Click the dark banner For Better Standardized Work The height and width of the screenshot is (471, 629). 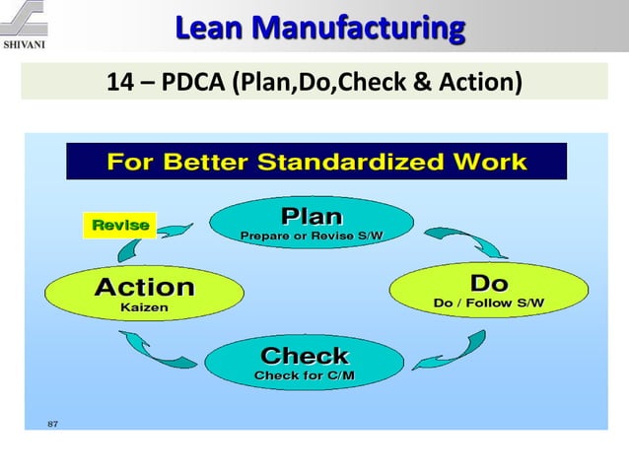[x=315, y=162]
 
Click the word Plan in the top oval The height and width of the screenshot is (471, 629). [x=313, y=216]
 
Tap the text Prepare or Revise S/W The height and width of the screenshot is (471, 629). [x=312, y=235]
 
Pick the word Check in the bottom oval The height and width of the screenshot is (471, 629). [x=305, y=356]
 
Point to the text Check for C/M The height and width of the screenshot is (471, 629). [x=305, y=375]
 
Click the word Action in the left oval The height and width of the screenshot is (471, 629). [x=144, y=288]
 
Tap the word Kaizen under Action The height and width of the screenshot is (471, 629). [x=144, y=308]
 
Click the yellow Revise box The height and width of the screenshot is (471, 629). [x=120, y=226]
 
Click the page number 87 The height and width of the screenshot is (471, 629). [x=54, y=425]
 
